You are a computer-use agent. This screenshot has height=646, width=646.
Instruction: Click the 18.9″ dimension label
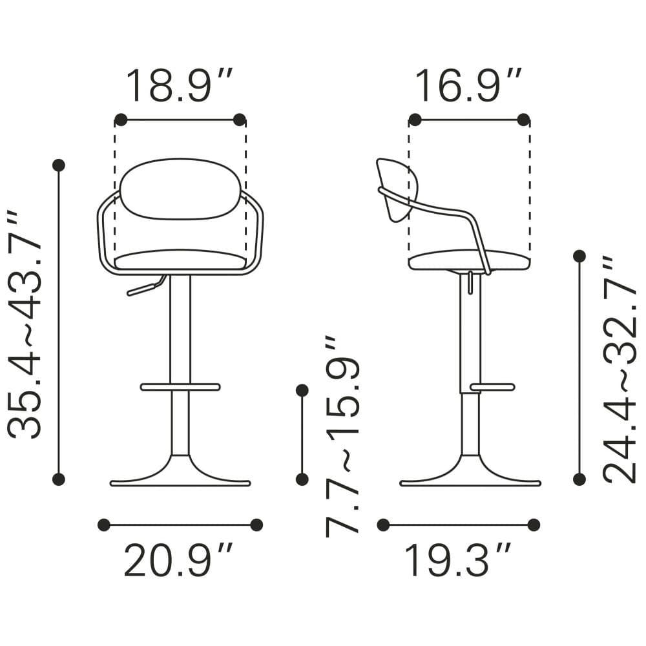(179, 86)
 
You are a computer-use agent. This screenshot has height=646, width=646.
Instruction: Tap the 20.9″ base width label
(178, 560)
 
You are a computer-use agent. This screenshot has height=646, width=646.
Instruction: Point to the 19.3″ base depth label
(459, 560)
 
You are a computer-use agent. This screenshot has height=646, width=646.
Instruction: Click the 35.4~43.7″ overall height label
(25, 323)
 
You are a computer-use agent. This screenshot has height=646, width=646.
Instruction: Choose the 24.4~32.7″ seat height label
(620, 369)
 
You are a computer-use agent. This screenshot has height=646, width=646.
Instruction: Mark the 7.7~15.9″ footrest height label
(342, 436)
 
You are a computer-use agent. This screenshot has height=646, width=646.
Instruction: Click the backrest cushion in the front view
(180, 189)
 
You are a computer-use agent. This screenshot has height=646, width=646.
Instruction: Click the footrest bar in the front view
(180, 387)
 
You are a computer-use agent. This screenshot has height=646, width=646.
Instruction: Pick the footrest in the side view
(492, 387)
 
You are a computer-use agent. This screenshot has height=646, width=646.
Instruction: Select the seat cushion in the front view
(180, 260)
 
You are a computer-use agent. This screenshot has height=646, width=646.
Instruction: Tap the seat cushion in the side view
(470, 260)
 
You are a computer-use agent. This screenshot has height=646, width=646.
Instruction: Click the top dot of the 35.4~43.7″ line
(59, 165)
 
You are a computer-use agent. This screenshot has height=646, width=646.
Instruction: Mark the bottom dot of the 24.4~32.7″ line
(579, 479)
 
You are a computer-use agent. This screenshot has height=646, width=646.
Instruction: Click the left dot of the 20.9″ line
(104, 525)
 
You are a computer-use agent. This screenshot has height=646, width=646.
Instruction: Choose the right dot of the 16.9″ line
(524, 120)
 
